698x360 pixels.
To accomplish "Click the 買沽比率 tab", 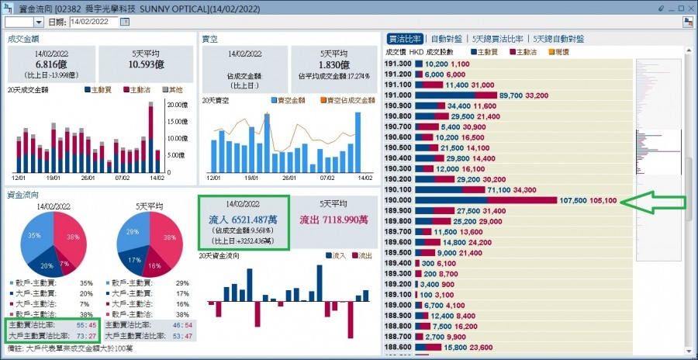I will [x=404, y=38].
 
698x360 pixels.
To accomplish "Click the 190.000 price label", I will [x=397, y=200].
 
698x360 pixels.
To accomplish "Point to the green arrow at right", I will [x=655, y=203].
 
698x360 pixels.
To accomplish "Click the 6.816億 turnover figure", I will [x=51, y=64].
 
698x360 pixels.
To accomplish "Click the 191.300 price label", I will [x=397, y=64].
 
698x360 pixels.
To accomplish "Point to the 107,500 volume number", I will [x=573, y=200].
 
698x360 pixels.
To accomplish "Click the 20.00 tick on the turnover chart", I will [x=178, y=105].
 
